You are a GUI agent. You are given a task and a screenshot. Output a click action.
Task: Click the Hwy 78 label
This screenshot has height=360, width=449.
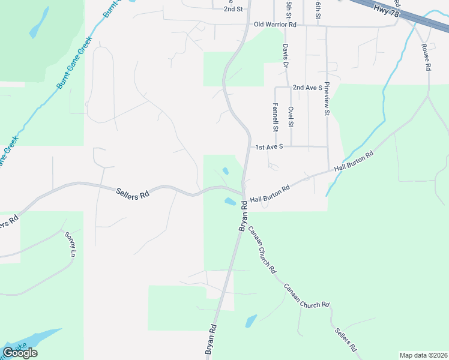tap(385, 10)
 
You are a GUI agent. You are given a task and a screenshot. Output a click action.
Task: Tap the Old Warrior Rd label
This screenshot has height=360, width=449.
tap(276, 25)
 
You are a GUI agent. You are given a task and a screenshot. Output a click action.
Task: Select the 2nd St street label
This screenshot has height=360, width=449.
tap(233, 9)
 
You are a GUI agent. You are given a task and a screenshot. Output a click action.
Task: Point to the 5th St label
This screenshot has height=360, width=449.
tap(289, 8)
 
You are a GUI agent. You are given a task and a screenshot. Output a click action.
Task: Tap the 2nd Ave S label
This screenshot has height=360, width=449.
tap(308, 88)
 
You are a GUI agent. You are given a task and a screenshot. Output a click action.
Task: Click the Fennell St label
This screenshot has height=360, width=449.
tap(276, 117)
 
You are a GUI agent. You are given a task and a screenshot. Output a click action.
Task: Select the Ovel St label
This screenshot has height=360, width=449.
tap(291, 116)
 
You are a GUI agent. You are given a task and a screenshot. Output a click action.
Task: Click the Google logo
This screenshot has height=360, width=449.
tap(20, 353)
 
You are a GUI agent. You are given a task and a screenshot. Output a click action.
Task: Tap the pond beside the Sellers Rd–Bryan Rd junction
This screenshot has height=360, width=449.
tap(231, 202)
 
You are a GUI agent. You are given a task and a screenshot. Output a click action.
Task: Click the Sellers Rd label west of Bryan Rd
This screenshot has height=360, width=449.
tap(131, 192)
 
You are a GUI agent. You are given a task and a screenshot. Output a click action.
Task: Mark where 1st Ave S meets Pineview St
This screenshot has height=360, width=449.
tap(328, 146)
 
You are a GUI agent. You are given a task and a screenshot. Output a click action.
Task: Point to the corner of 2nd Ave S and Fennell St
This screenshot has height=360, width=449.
tap(276, 88)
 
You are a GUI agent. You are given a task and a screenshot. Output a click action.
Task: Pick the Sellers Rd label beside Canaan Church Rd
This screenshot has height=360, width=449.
tap(346, 340)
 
